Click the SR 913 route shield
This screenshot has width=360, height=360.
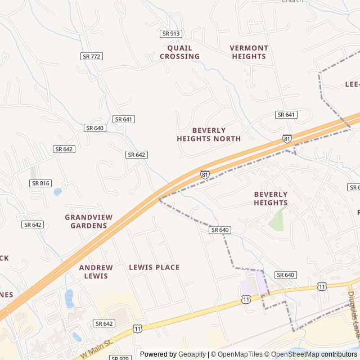pyautogui.click(x=171, y=34)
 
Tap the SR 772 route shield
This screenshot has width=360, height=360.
pyautogui.click(x=92, y=56)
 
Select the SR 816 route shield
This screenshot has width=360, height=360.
pyautogui.click(x=40, y=183)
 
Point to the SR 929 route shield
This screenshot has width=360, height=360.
pyautogui.click(x=120, y=358)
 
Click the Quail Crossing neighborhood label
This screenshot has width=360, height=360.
pyautogui.click(x=179, y=52)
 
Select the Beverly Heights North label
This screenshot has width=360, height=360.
pyautogui.click(x=209, y=134)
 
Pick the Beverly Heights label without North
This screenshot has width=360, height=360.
pyautogui.click(x=271, y=199)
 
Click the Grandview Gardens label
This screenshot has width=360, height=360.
pyautogui.click(x=89, y=222)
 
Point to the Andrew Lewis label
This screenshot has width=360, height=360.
pyautogui.click(x=96, y=272)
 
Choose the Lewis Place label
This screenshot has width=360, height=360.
pyautogui.click(x=154, y=267)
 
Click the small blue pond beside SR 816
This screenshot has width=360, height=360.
pyautogui.click(x=57, y=192)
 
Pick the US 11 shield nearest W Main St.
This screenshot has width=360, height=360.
pyautogui.click(x=138, y=328)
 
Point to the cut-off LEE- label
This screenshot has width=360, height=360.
pyautogui.click(x=352, y=84)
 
